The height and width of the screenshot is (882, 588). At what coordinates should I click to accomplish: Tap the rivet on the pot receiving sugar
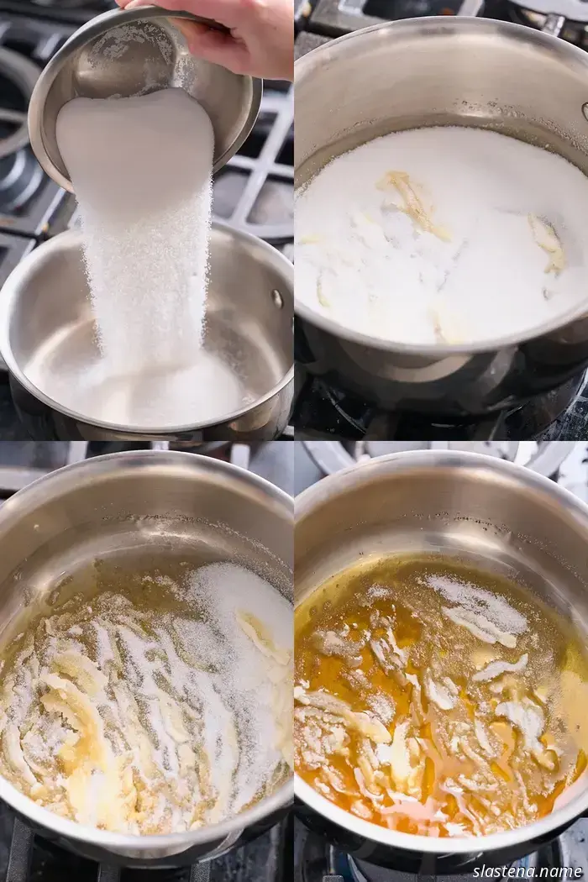click(277, 298)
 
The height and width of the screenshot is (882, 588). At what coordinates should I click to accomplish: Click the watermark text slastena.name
click(528, 871)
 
